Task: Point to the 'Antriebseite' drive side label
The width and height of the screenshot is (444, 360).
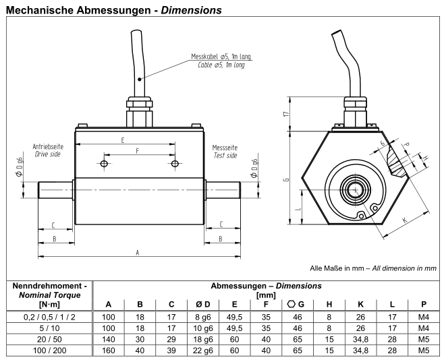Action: [x=47, y=146]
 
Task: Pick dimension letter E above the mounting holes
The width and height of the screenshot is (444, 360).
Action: [x=123, y=140]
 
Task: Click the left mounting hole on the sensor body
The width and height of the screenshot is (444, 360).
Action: [x=103, y=164]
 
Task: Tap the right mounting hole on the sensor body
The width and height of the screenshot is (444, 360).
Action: [x=175, y=164]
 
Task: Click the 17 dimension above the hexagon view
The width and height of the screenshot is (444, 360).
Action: [x=286, y=115]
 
